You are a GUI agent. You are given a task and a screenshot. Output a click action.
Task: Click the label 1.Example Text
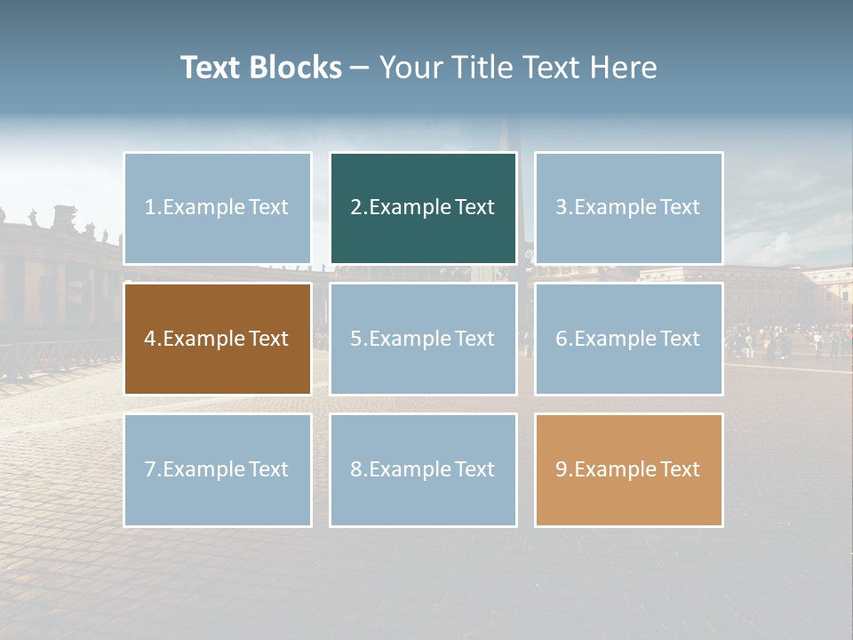pyautogui.click(x=217, y=207)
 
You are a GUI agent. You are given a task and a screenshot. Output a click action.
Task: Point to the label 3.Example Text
pyautogui.click(x=628, y=207)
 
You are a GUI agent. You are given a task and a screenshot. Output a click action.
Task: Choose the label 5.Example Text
pyautogui.click(x=422, y=339)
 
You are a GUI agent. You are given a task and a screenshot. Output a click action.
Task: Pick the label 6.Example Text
pyautogui.click(x=628, y=339)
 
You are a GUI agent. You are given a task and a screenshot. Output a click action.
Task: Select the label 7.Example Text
pyautogui.click(x=217, y=469)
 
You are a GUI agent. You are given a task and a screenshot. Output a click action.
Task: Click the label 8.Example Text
pyautogui.click(x=422, y=469)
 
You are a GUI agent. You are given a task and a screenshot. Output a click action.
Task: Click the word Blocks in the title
pyautogui.click(x=295, y=68)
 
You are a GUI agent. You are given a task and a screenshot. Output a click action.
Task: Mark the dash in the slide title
pyautogui.click(x=360, y=68)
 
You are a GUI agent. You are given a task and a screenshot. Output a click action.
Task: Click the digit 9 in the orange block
pyautogui.click(x=562, y=469)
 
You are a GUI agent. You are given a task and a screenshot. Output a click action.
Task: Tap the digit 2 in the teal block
pyautogui.click(x=356, y=207)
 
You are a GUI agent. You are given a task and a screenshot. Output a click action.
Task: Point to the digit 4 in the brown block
pyautogui.click(x=150, y=339)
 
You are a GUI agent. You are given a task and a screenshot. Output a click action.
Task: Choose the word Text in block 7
pyautogui.click(x=268, y=469)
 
